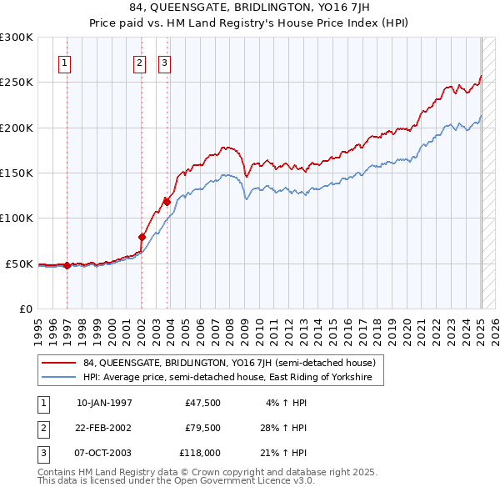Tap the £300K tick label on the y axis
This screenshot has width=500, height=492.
pos(17,38)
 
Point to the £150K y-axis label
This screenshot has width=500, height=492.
pos(17,173)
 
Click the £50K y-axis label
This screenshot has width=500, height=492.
pos(19,264)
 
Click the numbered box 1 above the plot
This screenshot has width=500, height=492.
pos(65,62)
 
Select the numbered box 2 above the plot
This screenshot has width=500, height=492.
pos(140,62)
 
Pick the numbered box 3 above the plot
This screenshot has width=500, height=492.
pos(164,62)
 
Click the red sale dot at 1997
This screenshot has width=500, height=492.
pos(67,266)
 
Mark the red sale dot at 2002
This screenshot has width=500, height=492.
pos(142,237)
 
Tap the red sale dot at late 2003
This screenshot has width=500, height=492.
pos(167,202)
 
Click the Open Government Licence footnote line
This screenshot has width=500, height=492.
pos(176,480)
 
